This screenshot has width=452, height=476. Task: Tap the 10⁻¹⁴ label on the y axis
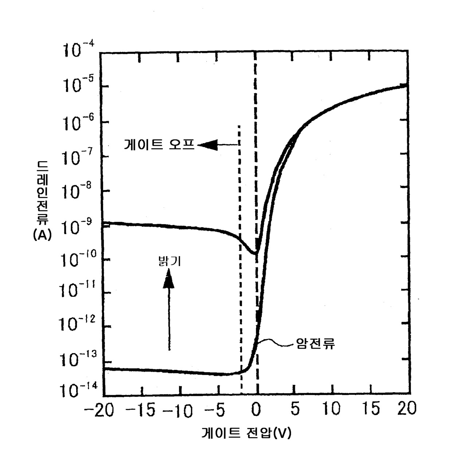(x=78, y=390)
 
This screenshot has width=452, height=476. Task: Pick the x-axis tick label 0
(x=257, y=410)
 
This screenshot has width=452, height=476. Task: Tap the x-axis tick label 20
(x=407, y=409)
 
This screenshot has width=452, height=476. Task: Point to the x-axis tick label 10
(x=331, y=409)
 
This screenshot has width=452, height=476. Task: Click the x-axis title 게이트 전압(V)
(x=246, y=433)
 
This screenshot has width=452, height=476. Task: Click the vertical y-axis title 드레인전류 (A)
(x=42, y=200)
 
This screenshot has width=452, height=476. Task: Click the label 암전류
(x=316, y=344)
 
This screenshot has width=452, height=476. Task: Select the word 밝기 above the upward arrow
(x=169, y=261)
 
